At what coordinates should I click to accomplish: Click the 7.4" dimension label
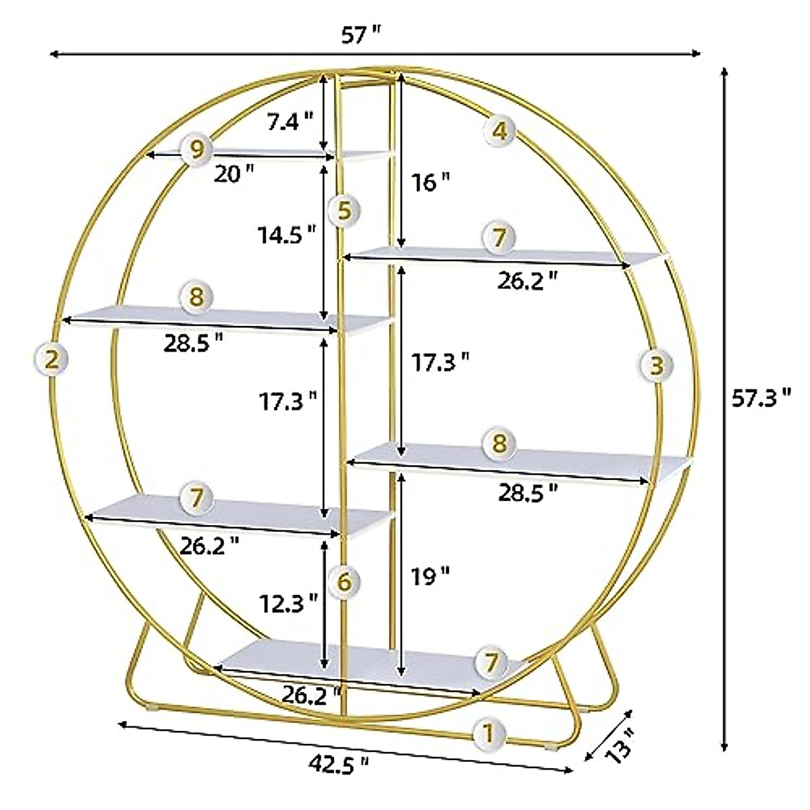[x=290, y=122]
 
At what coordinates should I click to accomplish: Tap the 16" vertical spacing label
[x=430, y=182]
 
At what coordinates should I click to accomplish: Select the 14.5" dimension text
[x=286, y=234]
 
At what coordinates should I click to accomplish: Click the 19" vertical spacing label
[x=430, y=576]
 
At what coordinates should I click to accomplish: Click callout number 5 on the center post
[x=344, y=211]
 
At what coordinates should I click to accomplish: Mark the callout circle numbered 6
[x=344, y=581]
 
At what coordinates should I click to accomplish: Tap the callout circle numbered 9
[x=196, y=148]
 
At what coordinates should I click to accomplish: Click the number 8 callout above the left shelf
[x=196, y=296]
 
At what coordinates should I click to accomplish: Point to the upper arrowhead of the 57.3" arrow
[x=724, y=72]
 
